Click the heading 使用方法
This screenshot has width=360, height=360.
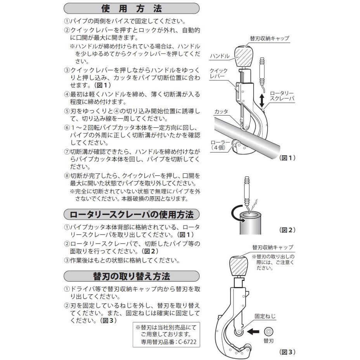(x=131, y=8)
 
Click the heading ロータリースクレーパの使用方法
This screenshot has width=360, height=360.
(x=131, y=215)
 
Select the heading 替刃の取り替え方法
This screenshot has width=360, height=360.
(x=131, y=276)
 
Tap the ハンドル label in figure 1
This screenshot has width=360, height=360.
(x=220, y=57)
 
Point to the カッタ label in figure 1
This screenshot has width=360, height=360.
(x=221, y=111)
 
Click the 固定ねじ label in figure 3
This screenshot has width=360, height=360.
(x=265, y=316)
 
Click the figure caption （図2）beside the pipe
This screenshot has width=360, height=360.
(x=287, y=230)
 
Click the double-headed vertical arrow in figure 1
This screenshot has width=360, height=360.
(x=263, y=100)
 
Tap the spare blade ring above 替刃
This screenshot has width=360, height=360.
(x=268, y=332)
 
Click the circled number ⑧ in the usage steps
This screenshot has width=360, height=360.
(x=66, y=175)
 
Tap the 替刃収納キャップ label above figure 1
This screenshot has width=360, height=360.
(x=270, y=38)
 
